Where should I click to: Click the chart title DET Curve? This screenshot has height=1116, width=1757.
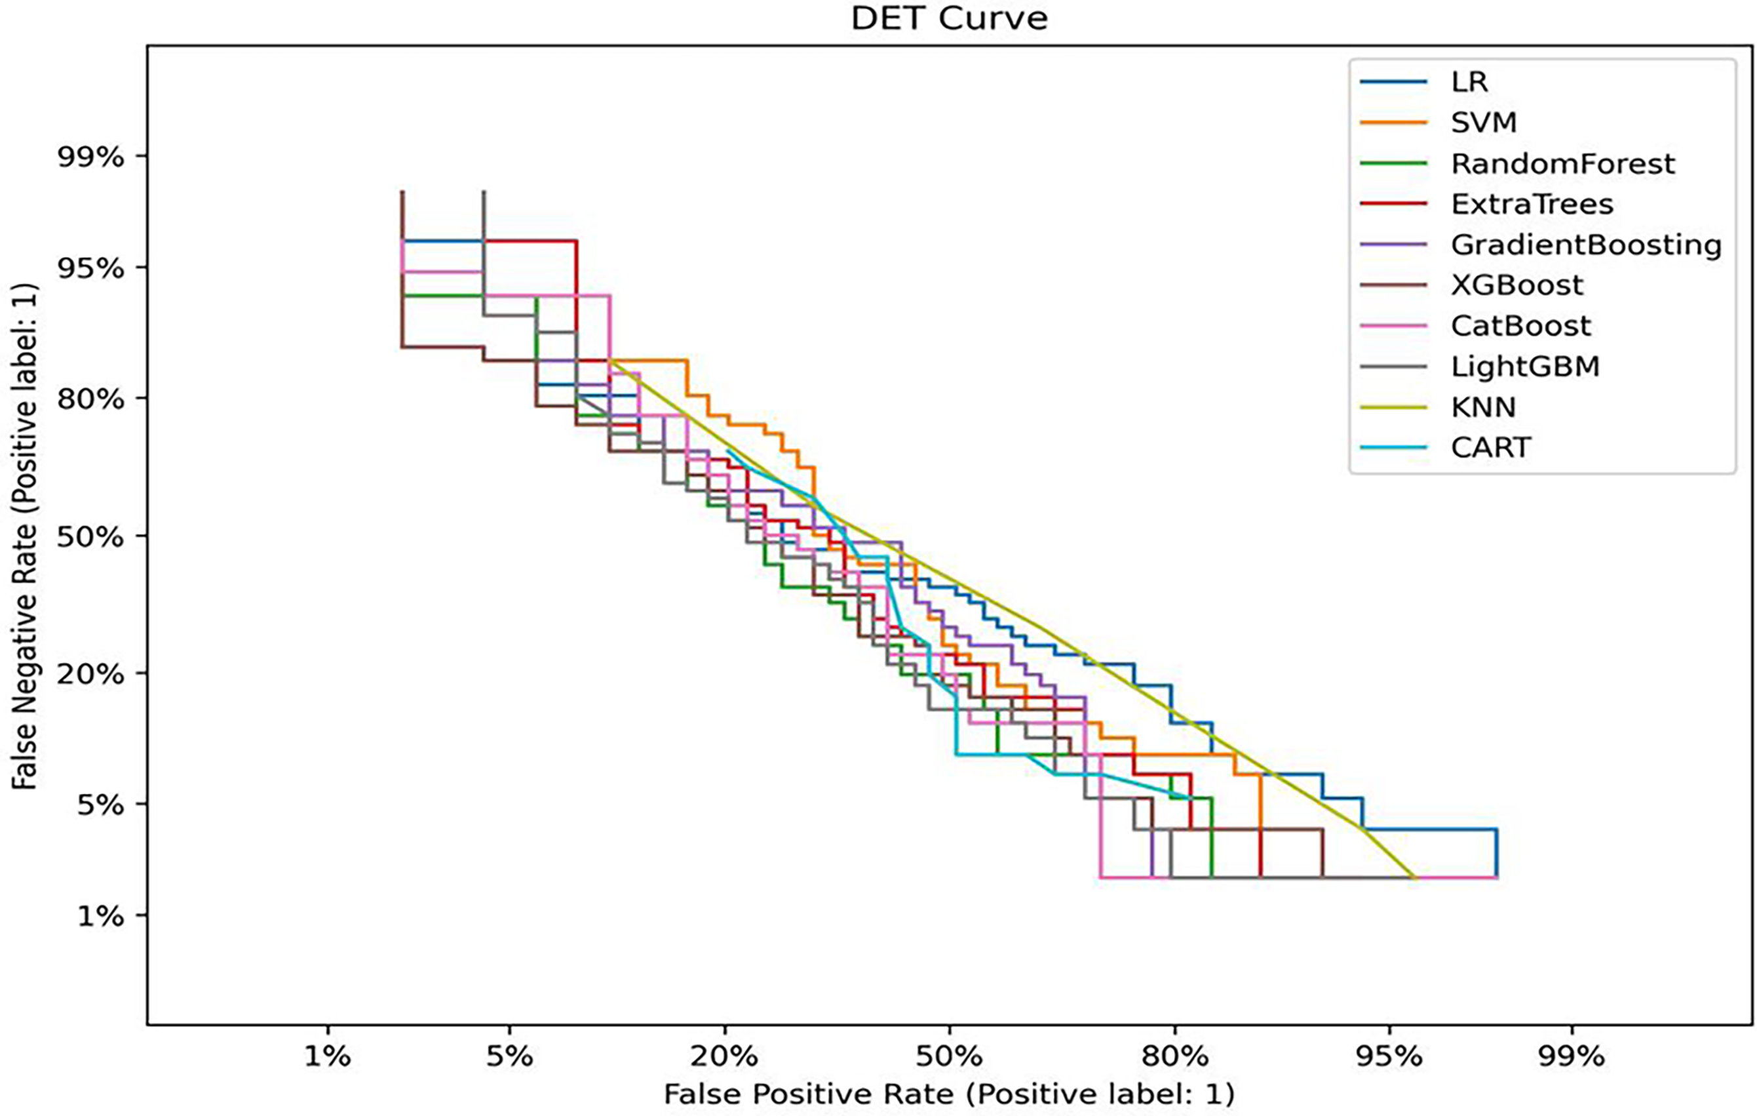click(949, 18)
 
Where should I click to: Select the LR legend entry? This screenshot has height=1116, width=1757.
click(1469, 82)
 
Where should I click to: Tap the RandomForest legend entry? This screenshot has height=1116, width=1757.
click(1563, 163)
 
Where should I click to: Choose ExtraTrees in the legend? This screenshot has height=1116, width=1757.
click(1532, 205)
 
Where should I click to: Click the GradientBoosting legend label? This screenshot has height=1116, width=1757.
click(1586, 245)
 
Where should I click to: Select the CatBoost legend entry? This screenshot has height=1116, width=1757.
click(1521, 327)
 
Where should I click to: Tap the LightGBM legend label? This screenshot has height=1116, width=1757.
click(1525, 367)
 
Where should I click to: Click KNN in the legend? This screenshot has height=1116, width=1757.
click(1483, 407)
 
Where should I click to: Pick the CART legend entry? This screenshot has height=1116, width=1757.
click(1491, 448)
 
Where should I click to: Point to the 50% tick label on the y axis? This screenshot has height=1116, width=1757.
click(90, 536)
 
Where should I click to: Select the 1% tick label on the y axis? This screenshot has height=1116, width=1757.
click(100, 916)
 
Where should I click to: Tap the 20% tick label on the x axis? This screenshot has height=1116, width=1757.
click(725, 1057)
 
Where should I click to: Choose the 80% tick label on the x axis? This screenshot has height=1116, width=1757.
click(1174, 1057)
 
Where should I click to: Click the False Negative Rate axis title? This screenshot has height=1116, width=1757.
click(25, 536)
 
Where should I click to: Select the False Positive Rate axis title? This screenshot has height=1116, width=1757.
click(949, 1094)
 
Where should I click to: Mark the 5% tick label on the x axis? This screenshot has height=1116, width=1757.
click(509, 1057)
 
